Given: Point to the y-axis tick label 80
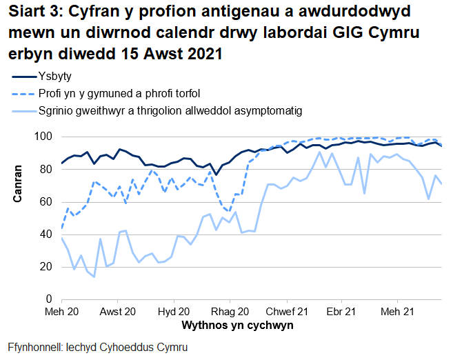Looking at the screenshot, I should pos(48,169).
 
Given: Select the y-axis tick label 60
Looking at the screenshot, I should pos(48,201).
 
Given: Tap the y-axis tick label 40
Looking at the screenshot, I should pos(48,234).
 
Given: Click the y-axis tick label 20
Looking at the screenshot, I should pos(48,267).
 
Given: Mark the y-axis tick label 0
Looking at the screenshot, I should pos(50,299).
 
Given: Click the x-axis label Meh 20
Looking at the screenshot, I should pos(62,312).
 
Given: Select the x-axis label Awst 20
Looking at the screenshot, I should pos(118,312).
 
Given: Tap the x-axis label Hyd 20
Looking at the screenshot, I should pos(174,312).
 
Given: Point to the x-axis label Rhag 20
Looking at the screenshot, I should pos(230,312).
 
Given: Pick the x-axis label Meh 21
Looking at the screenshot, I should pos(397,312).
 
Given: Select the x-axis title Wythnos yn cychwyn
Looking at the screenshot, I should pos(237,324).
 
